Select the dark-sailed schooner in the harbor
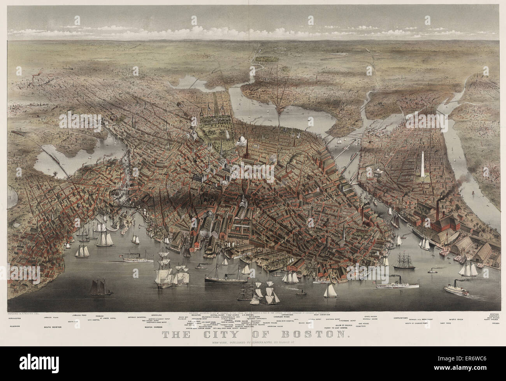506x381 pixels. [97, 288]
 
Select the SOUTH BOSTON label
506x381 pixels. [53, 327]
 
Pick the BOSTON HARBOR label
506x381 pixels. [153, 327]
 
